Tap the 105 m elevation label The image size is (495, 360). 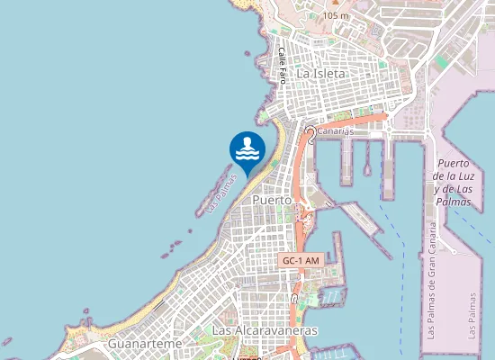tap(335, 15)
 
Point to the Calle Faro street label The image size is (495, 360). tap(283, 66)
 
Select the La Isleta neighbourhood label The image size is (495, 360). tap(321, 73)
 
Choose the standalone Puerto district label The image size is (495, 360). tap(273, 200)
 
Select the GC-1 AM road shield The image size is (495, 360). tap(301, 260)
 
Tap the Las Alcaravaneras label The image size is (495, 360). tap(265, 331)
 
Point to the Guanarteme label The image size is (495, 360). tap(144, 344)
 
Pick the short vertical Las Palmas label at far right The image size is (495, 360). tap(473, 315)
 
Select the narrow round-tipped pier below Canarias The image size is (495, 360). tap(367, 158)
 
